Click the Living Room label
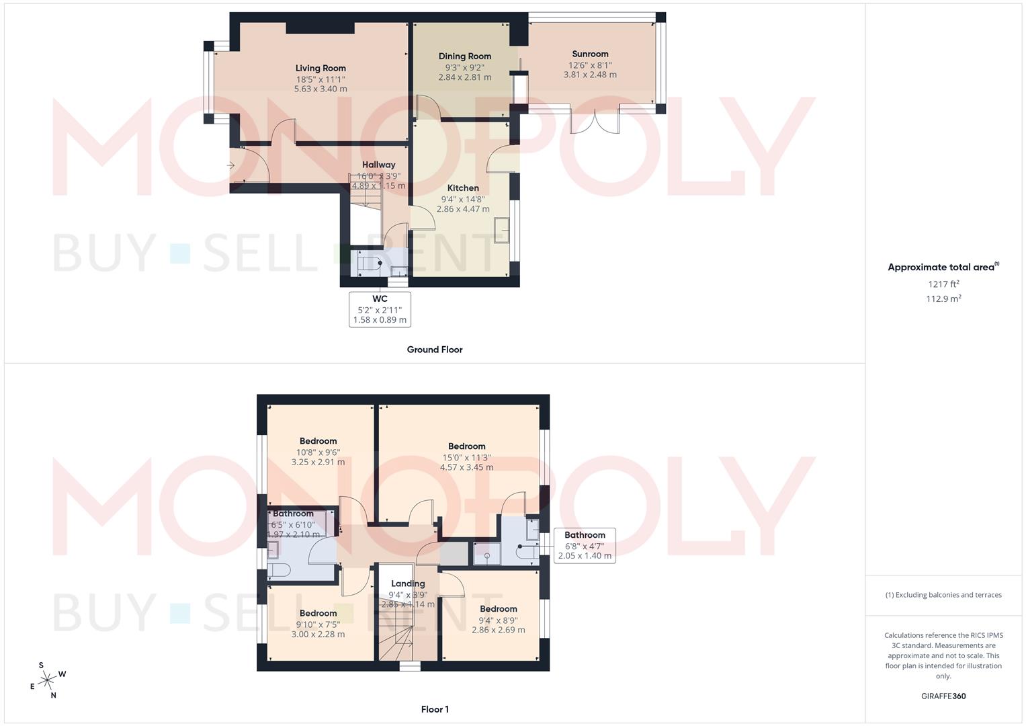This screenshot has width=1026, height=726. [x=320, y=68]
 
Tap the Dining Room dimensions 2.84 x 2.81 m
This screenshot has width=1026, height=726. [x=464, y=77]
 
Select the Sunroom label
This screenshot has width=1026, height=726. [x=590, y=54]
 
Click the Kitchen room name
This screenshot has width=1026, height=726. [x=463, y=188]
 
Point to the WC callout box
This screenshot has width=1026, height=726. [x=380, y=309]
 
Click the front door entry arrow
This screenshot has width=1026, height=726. [x=231, y=165]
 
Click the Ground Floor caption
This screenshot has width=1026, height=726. [x=434, y=350]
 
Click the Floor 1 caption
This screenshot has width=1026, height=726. [x=434, y=709]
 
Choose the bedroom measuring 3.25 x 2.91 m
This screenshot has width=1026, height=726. [x=318, y=452]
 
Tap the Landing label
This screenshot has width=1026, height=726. [x=408, y=583]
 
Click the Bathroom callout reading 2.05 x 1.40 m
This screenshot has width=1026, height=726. [x=584, y=545]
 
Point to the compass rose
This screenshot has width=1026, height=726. [x=47, y=680]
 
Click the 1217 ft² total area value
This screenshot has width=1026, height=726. [x=943, y=284]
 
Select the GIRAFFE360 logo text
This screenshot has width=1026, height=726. [x=943, y=696]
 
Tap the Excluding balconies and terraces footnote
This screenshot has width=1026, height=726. [x=943, y=595]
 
